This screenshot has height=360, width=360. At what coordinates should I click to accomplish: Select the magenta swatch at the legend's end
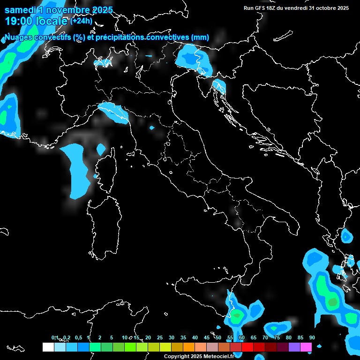click(x=306, y=347)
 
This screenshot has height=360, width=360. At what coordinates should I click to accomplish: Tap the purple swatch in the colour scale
click(x=294, y=347)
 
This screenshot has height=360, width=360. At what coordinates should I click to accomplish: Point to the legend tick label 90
click(x=312, y=337)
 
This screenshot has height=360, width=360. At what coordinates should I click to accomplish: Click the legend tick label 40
click(x=195, y=337)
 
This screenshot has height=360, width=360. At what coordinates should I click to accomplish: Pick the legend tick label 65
click(x=253, y=337)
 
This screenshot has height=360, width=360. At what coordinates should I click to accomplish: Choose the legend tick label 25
click(x=159, y=337)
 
